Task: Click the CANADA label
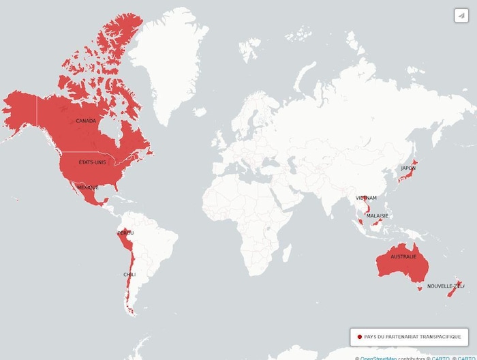click(x=86, y=121)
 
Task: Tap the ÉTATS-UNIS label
click(x=93, y=162)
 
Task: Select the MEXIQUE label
click(x=87, y=187)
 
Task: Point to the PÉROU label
click(x=125, y=233)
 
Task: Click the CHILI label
click(x=129, y=274)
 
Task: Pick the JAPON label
click(x=408, y=168)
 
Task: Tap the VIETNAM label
click(x=366, y=198)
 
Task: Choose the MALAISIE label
click(x=377, y=215)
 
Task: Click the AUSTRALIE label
click(x=403, y=257)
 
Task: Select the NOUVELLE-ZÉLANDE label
click(x=445, y=286)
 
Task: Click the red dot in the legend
click(x=359, y=337)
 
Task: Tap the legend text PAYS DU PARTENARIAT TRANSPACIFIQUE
click(x=412, y=337)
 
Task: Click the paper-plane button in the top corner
click(x=461, y=16)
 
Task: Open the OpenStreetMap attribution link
click(x=378, y=358)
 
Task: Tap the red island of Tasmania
click(x=418, y=288)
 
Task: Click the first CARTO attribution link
click(x=440, y=358)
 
